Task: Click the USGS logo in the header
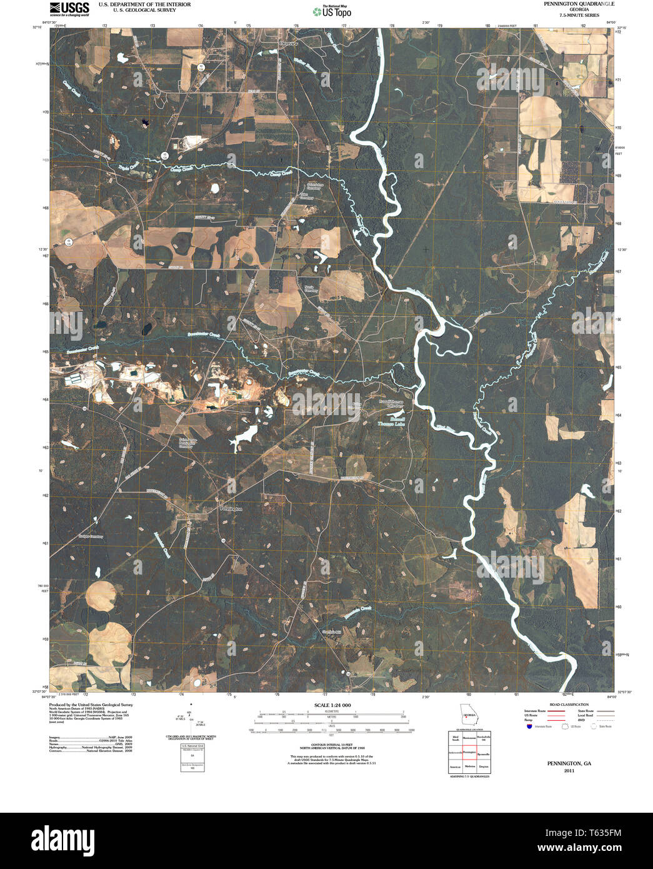(x=69, y=8)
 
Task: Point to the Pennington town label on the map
(x=231, y=509)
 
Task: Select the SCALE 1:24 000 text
(x=333, y=705)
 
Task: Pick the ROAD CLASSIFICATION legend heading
(x=569, y=705)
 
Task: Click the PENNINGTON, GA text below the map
(x=569, y=763)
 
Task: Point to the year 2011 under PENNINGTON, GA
(x=569, y=771)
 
